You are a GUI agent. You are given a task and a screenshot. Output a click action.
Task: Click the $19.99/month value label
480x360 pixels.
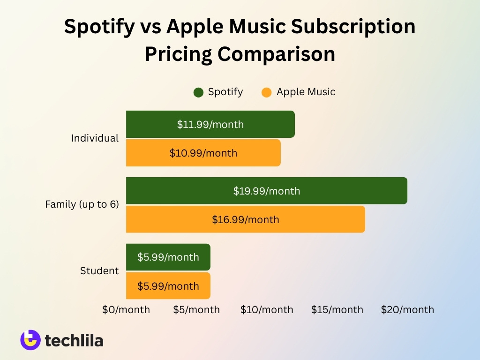(x=267, y=191)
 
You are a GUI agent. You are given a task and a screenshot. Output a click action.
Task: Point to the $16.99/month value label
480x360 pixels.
(x=245, y=219)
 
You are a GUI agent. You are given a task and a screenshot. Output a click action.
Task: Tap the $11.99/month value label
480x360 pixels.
(x=210, y=124)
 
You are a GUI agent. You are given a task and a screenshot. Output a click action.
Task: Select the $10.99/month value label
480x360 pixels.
(x=203, y=153)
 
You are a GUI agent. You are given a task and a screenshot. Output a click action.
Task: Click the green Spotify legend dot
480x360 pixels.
(x=198, y=92)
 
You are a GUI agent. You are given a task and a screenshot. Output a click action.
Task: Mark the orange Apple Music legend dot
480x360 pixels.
(x=266, y=92)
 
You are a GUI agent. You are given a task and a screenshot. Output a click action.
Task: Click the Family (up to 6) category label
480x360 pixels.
(x=82, y=204)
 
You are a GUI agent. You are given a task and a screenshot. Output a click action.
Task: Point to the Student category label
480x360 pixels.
(x=99, y=271)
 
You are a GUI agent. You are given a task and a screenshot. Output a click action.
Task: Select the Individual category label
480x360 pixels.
(x=95, y=138)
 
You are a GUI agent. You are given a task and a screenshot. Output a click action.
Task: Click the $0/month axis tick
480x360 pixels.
(x=126, y=310)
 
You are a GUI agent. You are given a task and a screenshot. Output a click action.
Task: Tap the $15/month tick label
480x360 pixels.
(x=337, y=310)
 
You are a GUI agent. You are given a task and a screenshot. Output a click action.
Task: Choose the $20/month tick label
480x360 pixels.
(x=407, y=310)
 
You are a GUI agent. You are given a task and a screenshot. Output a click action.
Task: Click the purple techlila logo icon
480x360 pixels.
(x=30, y=340)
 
